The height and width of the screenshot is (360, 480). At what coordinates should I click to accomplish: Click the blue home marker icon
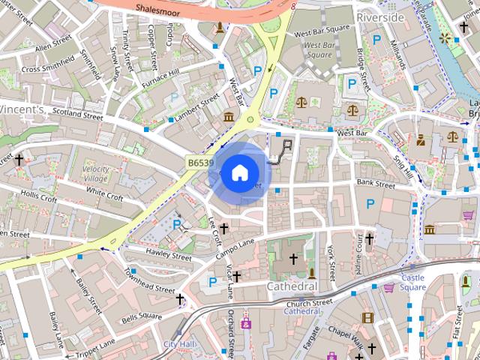point(238,173)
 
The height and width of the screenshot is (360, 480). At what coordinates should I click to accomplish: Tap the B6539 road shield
point(200,162)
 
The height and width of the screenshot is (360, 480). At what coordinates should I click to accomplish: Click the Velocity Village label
point(95,174)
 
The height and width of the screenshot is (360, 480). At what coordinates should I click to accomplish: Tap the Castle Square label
point(412,283)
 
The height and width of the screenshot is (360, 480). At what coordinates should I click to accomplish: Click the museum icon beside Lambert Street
point(228,116)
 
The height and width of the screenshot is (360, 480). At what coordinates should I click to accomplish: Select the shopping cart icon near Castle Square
point(388,287)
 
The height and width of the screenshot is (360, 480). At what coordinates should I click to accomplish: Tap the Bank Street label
point(375,184)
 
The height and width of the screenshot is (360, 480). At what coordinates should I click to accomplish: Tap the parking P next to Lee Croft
point(177,223)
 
